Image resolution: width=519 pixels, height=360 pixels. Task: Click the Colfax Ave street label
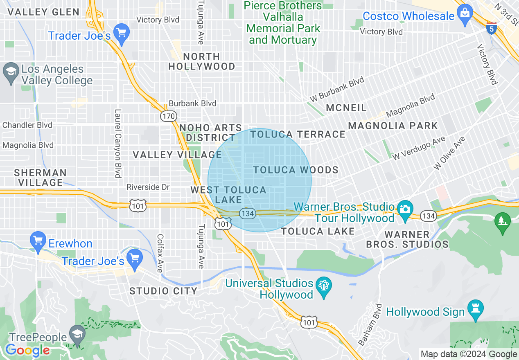[160, 253]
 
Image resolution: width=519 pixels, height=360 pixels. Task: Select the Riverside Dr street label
[148, 187]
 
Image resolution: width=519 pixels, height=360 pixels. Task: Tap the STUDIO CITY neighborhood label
[163, 291]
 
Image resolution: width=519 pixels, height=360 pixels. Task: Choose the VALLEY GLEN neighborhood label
[43, 12]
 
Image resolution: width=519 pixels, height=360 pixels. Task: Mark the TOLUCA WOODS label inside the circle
[296, 170]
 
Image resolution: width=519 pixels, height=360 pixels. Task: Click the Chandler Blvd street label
[27, 125]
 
